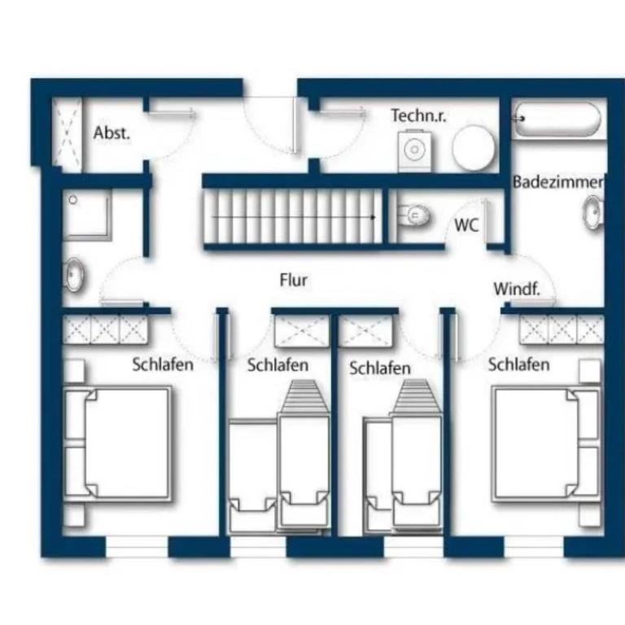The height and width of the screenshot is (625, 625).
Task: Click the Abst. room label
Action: click(x=112, y=133)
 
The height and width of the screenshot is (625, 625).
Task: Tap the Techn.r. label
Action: click(x=418, y=116)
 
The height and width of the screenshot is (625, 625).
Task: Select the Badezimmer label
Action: click(x=558, y=182)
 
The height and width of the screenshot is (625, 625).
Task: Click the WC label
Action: click(x=466, y=225)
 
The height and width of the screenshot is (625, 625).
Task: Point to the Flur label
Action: click(x=293, y=280)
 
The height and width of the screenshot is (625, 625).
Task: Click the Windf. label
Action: click(x=517, y=289)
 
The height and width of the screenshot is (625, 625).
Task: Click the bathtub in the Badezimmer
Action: click(x=557, y=119)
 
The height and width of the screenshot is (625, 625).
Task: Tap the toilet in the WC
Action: click(x=413, y=216)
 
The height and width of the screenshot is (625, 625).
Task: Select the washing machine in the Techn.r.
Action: click(x=414, y=151)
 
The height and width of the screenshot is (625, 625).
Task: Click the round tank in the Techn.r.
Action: click(x=474, y=147)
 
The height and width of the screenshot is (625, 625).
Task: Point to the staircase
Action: click(x=293, y=216)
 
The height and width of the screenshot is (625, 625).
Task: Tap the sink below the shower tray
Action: click(x=74, y=274)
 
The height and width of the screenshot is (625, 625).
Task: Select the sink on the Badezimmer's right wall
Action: click(x=594, y=212)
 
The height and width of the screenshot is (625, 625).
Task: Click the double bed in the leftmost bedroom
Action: click(x=118, y=443)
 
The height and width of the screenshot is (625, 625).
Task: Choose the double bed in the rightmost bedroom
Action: click(x=547, y=443)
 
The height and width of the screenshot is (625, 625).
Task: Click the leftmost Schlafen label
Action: click(x=163, y=365)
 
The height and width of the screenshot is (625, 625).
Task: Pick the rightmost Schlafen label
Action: click(x=518, y=365)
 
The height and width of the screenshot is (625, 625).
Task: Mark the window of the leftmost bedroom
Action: click(x=137, y=547)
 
